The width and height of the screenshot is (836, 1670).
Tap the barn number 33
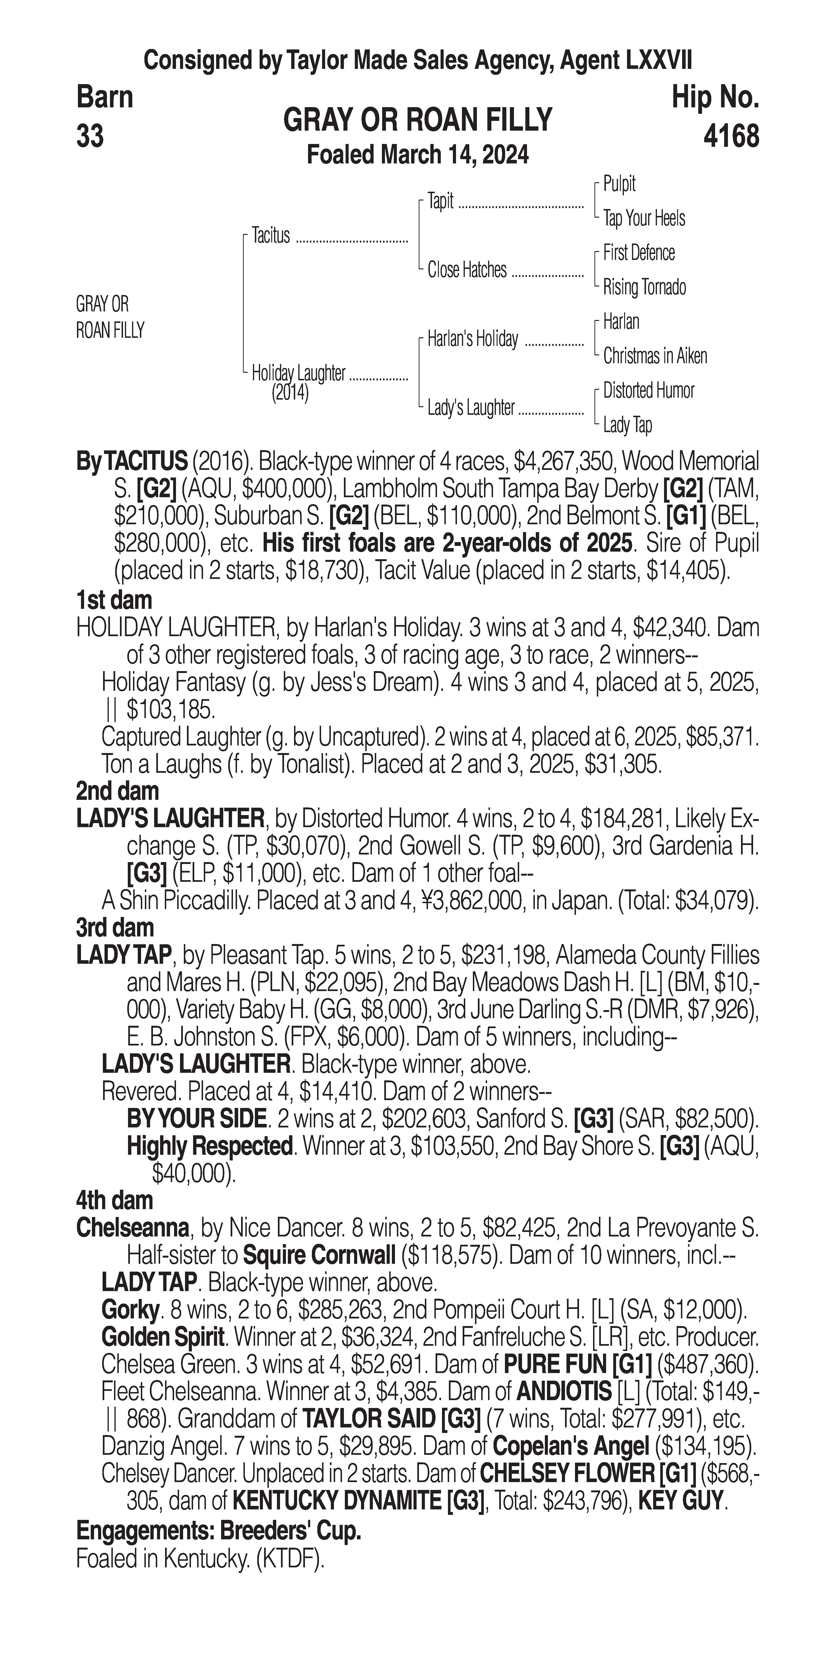[x=90, y=136]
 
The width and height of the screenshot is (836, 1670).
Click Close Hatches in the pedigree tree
[x=467, y=270]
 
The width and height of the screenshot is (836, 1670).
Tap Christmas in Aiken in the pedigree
[x=655, y=356]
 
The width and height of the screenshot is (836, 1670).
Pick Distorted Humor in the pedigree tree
[x=648, y=390]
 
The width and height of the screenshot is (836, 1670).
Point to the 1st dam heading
[x=114, y=600]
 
